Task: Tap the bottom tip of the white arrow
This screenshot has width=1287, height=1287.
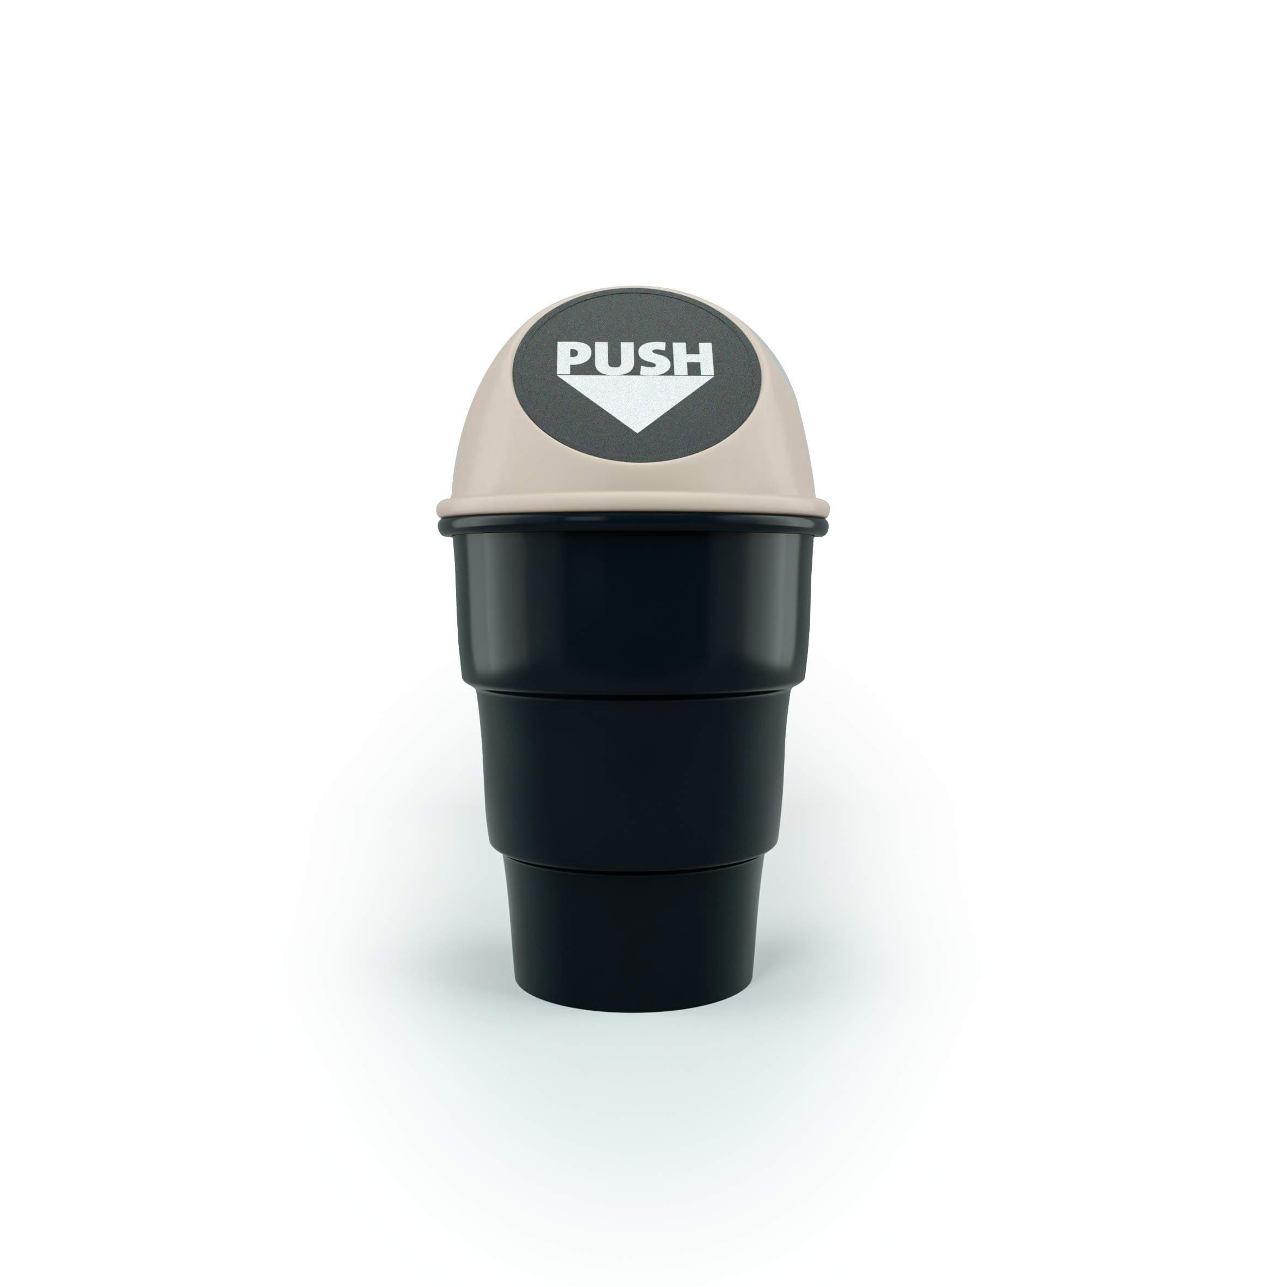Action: click(637, 431)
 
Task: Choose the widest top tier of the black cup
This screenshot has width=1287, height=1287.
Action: click(633, 613)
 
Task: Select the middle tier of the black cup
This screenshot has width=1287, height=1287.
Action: click(633, 773)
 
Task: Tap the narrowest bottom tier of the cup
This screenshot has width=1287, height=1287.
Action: click(633, 933)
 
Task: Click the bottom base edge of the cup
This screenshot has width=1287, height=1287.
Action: click(633, 1009)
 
